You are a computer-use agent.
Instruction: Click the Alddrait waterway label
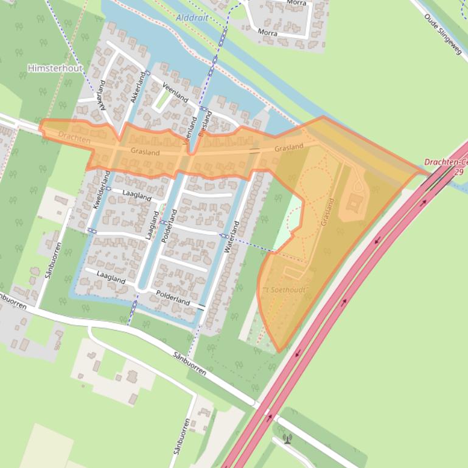click(x=192, y=18)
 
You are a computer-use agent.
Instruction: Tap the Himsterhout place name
click(x=55, y=69)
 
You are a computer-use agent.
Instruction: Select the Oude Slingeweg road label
click(x=443, y=35)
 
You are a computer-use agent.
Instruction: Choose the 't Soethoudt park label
click(x=283, y=290)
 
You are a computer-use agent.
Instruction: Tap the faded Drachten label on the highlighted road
click(x=74, y=140)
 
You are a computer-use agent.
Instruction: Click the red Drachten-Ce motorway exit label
click(x=445, y=162)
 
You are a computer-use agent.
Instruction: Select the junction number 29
click(x=458, y=172)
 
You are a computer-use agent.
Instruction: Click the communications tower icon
click(x=287, y=438)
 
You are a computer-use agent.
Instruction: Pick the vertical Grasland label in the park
click(x=326, y=212)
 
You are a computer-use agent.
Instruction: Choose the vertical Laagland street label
click(x=152, y=225)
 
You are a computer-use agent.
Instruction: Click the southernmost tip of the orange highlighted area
click(x=279, y=351)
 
